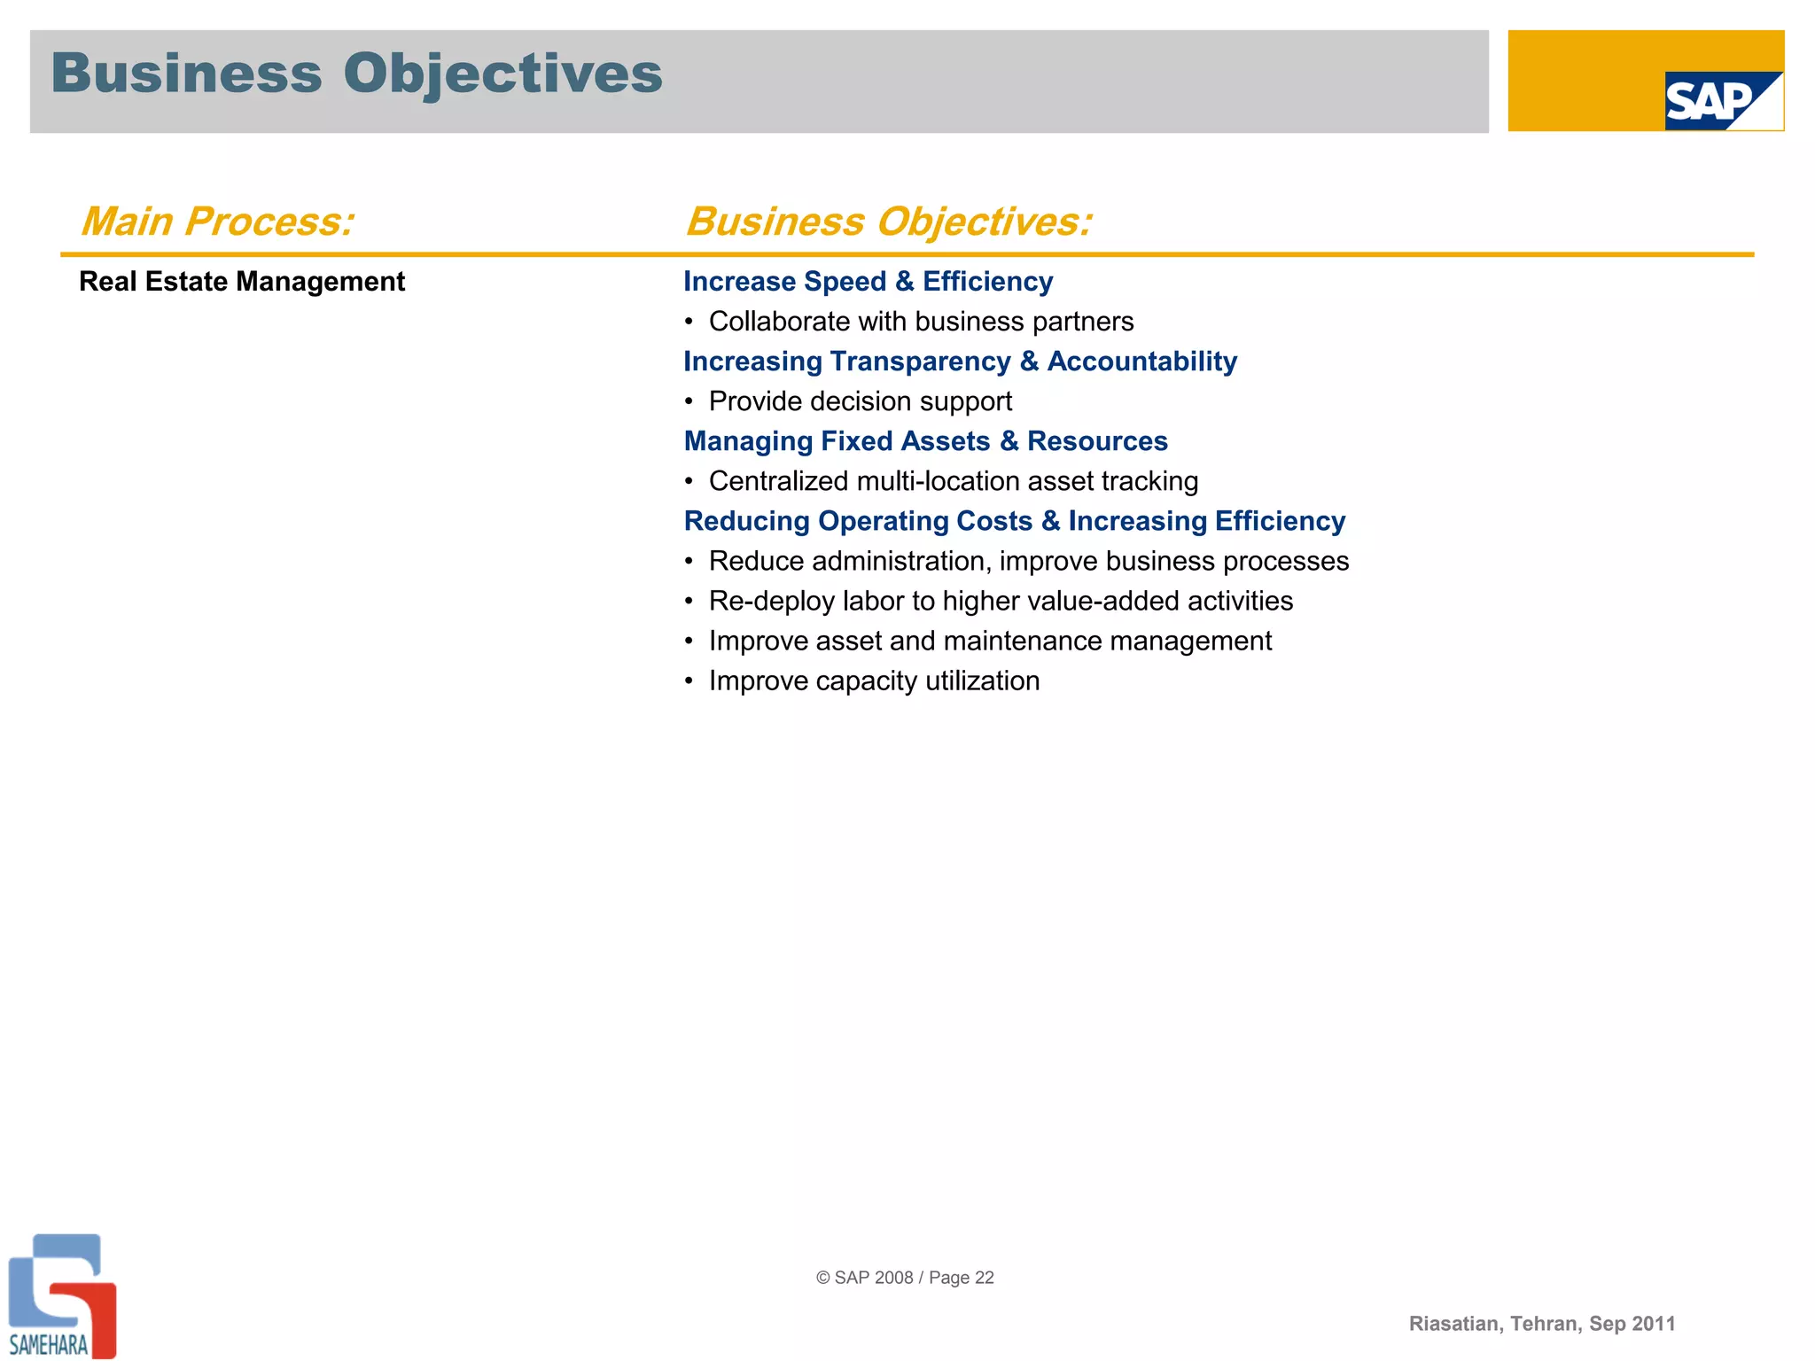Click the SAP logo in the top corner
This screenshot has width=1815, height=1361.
[1722, 100]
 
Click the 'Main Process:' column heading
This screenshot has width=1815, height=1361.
[217, 222]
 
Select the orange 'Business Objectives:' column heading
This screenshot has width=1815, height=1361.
[889, 222]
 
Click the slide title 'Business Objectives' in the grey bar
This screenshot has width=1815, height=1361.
[356, 74]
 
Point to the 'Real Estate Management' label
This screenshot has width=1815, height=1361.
[242, 282]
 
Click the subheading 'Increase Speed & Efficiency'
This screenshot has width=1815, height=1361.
[868, 282]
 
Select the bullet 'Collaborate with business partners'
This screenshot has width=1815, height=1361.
[920, 322]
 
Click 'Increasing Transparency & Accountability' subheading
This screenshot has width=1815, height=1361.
[960, 362]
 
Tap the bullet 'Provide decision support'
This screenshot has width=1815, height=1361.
[860, 401]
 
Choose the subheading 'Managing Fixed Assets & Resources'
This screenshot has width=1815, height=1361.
[925, 441]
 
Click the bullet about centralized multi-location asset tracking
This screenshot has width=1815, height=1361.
[953, 481]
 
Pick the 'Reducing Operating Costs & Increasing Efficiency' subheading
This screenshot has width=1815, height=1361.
[1014, 521]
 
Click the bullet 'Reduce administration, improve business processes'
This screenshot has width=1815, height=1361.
[1028, 561]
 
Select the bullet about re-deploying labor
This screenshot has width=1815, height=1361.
[1000, 601]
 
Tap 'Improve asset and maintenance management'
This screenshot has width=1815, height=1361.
[989, 641]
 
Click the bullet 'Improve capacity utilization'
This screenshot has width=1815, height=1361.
[874, 680]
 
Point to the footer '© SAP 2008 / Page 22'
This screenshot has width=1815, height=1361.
[905, 1278]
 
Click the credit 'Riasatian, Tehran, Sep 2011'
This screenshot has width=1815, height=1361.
[1542, 1324]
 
